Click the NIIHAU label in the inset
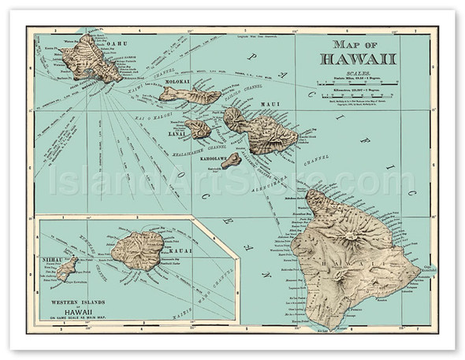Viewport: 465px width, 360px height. tap(53, 257)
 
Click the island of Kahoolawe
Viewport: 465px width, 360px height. tap(231, 161)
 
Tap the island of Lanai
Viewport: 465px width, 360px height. tap(197, 128)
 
